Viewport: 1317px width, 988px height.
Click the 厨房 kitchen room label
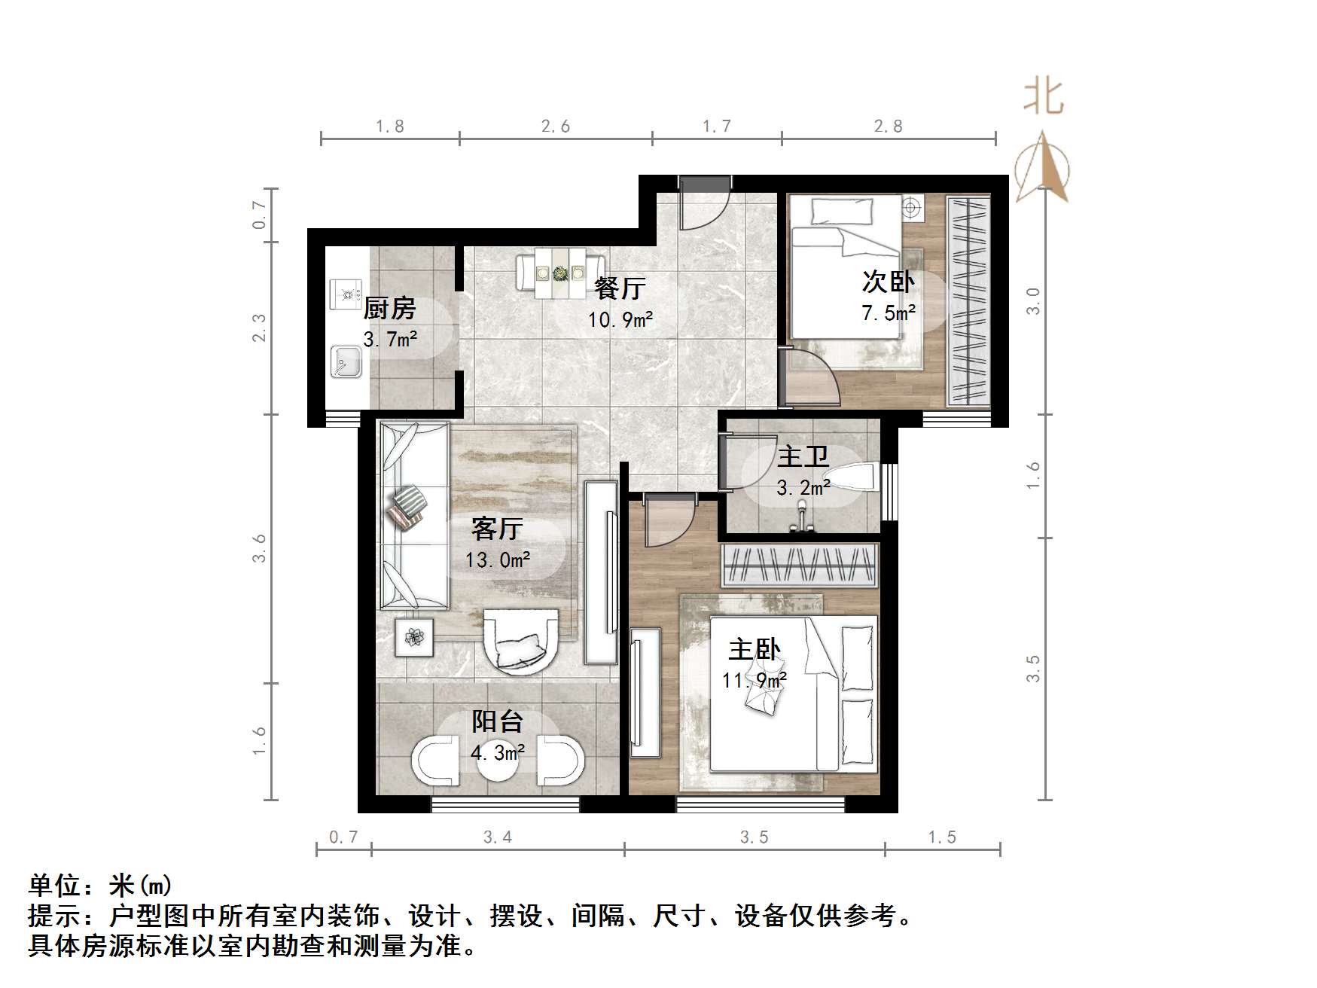[x=389, y=308]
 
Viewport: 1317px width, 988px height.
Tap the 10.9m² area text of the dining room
[x=620, y=320]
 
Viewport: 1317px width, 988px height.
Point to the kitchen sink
[x=347, y=361]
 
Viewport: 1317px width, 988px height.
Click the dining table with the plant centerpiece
[x=559, y=273]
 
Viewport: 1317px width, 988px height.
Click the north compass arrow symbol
[x=1043, y=167]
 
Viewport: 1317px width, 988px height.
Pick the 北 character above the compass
[x=1043, y=96]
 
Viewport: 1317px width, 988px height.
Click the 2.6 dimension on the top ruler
[x=556, y=127]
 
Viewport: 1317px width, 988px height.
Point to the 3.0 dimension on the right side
[x=1033, y=301]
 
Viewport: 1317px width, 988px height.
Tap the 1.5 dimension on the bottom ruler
[x=942, y=837]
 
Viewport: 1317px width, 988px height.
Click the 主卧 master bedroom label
[x=754, y=649]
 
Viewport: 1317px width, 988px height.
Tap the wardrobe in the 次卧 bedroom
[x=968, y=301]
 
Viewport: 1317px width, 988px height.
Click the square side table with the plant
[x=413, y=637]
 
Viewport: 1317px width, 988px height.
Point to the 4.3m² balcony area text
[x=497, y=752]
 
